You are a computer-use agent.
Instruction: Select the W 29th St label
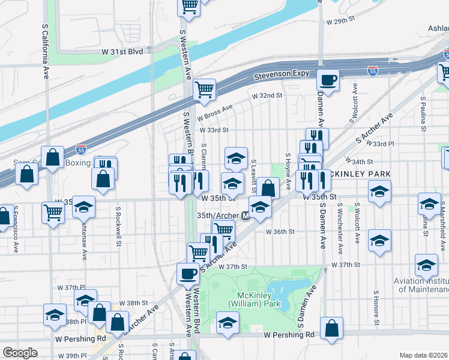pos(341,21)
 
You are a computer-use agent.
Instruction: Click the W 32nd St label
pos(267,95)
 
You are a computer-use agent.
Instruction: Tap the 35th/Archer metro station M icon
pos(246,215)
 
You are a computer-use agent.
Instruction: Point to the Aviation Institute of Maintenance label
pos(421,284)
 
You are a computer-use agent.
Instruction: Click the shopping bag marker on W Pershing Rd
pos(331,328)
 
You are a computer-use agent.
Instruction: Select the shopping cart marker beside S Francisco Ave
pos(53,211)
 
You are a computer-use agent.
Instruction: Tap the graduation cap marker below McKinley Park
pos(227,323)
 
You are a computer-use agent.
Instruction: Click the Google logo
pos(20,353)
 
